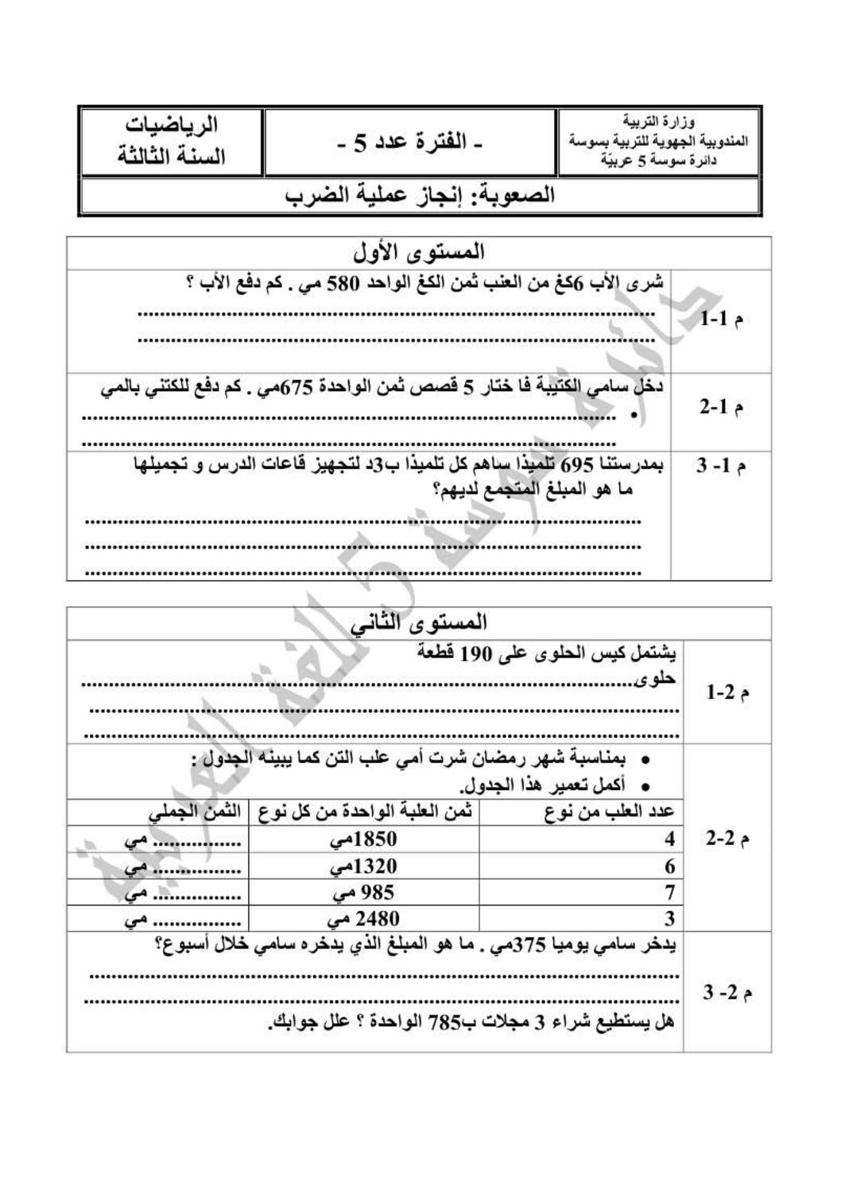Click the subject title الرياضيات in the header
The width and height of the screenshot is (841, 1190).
172,126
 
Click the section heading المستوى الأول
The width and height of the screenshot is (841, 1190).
419,254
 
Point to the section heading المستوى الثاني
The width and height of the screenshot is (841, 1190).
420,622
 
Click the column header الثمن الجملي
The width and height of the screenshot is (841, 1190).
195,812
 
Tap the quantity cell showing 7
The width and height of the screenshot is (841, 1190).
669,892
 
